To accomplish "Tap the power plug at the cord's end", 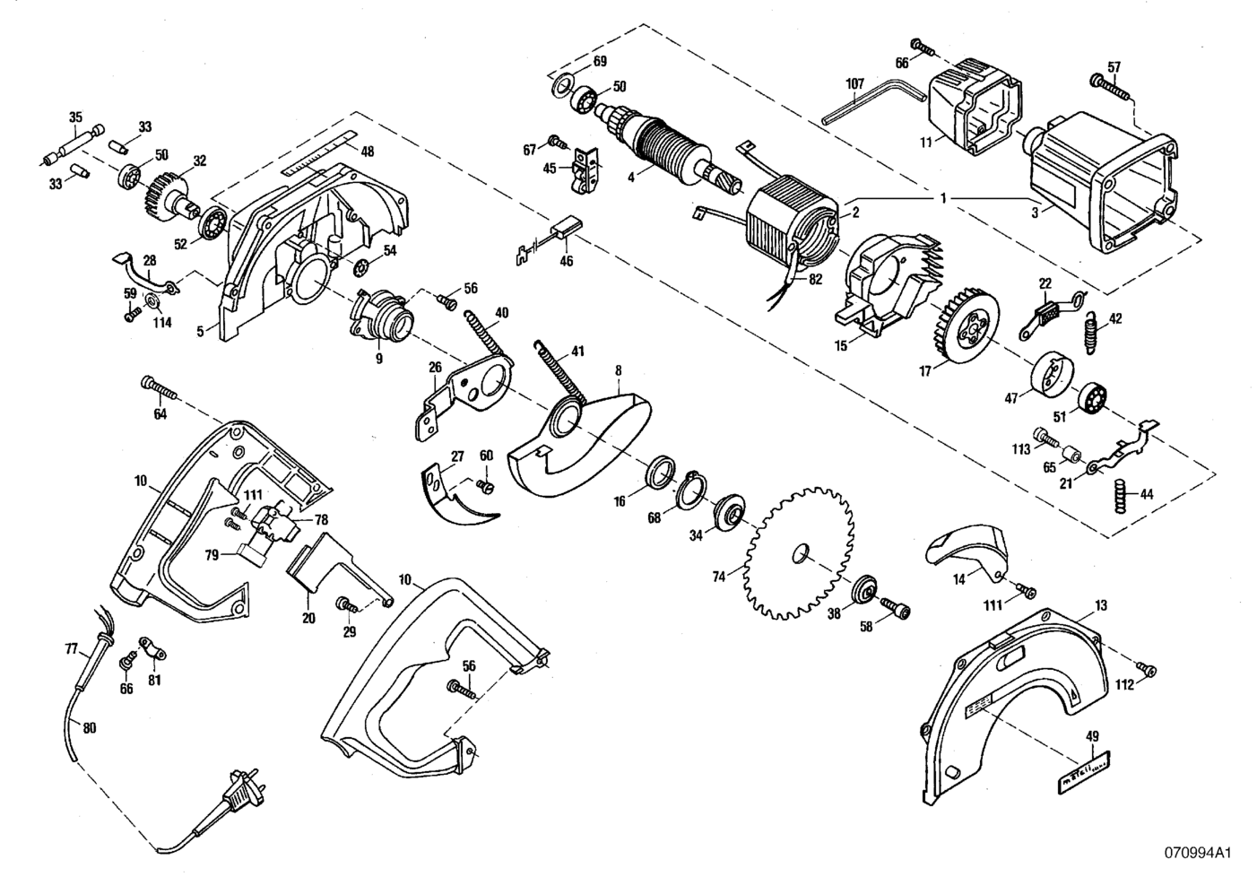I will [x=239, y=784].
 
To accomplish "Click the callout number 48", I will [x=367, y=152].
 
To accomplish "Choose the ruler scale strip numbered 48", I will [x=313, y=157].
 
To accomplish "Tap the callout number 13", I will [x=1100, y=606].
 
